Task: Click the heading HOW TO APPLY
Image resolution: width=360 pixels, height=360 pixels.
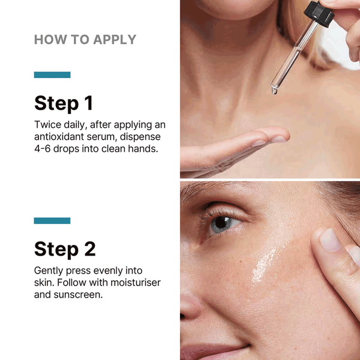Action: [x=85, y=40]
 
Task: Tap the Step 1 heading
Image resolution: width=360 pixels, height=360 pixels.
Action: [x=64, y=103]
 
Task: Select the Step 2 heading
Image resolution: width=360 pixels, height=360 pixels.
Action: [x=65, y=249]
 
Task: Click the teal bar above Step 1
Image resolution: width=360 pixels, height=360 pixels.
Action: [x=52, y=75]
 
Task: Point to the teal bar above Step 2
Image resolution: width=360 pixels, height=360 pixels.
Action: [x=52, y=221]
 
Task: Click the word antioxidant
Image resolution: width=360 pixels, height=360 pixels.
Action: [x=59, y=137]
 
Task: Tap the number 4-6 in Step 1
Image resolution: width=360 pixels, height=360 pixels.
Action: [x=42, y=149]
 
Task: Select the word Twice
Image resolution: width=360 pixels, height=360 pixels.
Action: [x=47, y=125]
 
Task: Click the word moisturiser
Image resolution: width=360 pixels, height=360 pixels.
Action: [x=136, y=283]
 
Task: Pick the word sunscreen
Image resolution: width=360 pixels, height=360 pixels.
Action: [x=78, y=295]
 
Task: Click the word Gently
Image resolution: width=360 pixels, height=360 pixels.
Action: [x=49, y=271]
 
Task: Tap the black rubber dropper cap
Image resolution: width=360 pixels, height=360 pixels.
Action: [x=319, y=13]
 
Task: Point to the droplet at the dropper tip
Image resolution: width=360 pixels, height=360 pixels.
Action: [x=274, y=90]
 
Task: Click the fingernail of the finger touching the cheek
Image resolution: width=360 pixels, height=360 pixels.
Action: [x=329, y=240]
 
